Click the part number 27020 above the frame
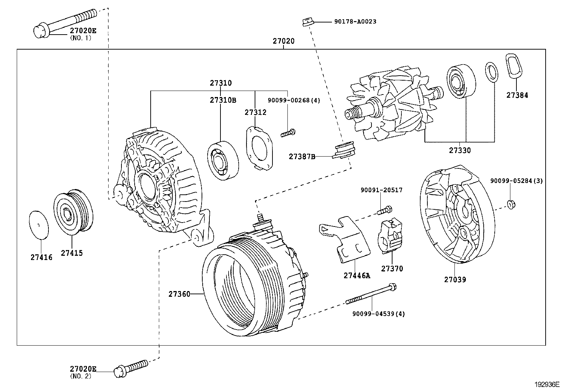point(283,41)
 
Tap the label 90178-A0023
point(355,21)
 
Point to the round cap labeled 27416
point(38,225)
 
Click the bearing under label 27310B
point(223,159)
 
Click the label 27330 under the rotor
point(459,151)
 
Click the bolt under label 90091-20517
point(384,210)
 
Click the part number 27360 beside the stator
point(180,294)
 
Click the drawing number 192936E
point(547,385)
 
